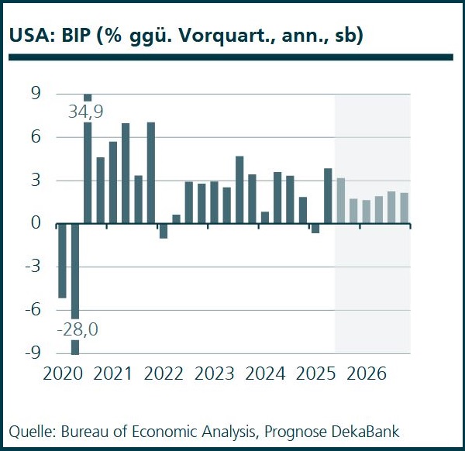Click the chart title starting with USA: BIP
[186, 36]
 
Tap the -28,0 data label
[76, 330]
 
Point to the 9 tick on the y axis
[36, 95]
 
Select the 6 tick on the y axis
[36, 137]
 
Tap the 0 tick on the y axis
[36, 224]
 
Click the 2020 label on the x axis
[63, 374]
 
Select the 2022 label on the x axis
[164, 374]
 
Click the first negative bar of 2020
[63, 260]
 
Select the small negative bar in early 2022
[164, 231]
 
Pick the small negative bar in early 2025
[315, 229]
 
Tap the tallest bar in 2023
[239, 190]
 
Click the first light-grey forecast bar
[341, 201]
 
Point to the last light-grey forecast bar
[404, 208]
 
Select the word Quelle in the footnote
[29, 431]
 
